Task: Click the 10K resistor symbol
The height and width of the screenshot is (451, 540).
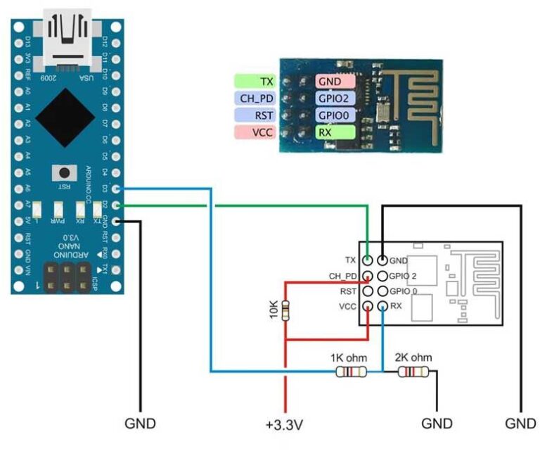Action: point(285,310)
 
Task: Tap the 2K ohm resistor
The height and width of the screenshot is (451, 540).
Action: point(411,371)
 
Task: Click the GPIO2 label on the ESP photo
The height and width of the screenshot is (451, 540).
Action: point(335,99)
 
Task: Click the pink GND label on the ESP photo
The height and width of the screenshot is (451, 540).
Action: point(335,82)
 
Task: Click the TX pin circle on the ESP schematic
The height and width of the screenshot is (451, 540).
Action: point(368,260)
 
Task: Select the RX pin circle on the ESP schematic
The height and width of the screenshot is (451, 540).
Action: point(382,306)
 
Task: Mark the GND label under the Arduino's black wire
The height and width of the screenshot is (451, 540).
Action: point(139,424)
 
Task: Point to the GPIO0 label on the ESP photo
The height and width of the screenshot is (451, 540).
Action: point(335,115)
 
